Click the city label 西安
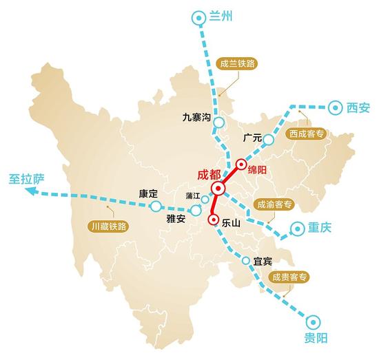[x=358, y=107]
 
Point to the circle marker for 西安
[x=336, y=107]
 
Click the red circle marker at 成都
[x=218, y=189]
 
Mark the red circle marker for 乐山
[x=212, y=220]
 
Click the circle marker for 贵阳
[x=313, y=321]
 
